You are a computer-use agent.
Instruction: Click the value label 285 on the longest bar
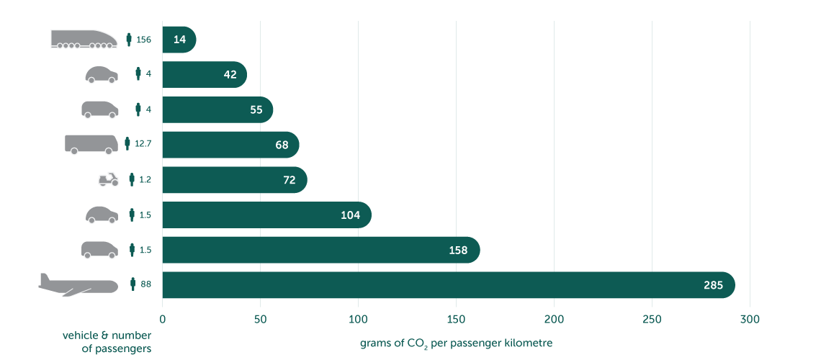(x=713, y=285)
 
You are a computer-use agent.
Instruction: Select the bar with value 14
(x=179, y=40)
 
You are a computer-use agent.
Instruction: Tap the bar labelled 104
(x=266, y=215)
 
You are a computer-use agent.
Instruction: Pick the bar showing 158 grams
(x=320, y=250)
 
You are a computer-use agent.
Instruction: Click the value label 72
(x=290, y=180)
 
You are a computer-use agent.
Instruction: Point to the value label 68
(x=282, y=145)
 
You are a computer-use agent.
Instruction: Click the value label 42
(x=230, y=75)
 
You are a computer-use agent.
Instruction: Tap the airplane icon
(x=78, y=284)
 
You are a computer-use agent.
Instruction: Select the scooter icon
(x=108, y=179)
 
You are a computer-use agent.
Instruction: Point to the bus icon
(x=91, y=144)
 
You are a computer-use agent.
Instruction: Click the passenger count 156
(x=143, y=40)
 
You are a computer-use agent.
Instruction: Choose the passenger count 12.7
(x=143, y=145)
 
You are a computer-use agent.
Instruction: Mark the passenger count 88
(x=145, y=285)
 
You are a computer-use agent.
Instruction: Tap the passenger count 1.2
(x=145, y=180)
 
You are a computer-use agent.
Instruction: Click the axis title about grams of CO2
(x=456, y=343)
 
